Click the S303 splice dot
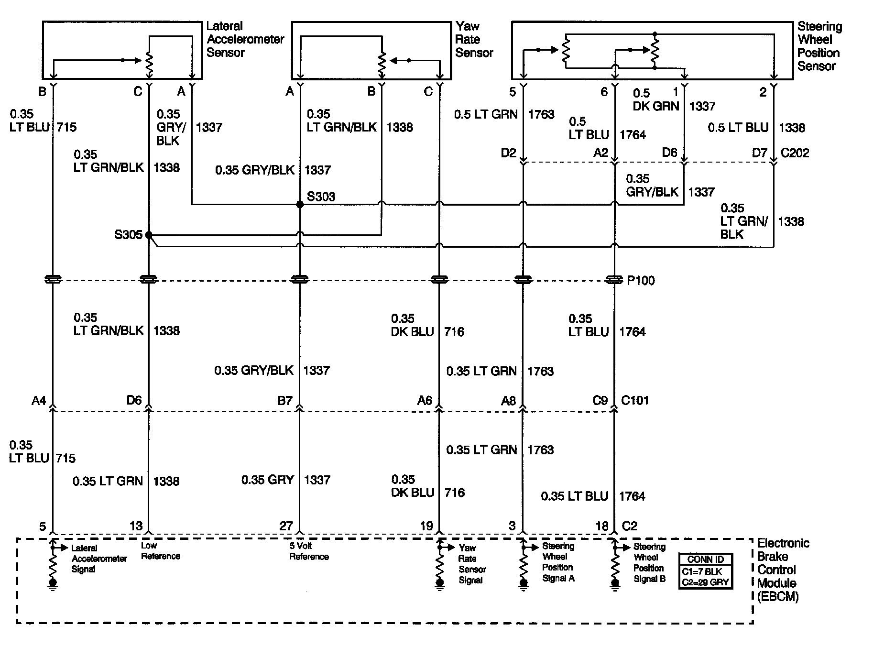click(x=300, y=204)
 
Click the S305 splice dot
click(x=149, y=235)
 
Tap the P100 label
click(x=641, y=281)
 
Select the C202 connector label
click(x=795, y=153)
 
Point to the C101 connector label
click(x=634, y=400)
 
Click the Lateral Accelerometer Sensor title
click(x=245, y=39)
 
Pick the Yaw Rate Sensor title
click(x=474, y=39)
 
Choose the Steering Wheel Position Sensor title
click(x=819, y=46)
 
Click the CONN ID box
click(x=705, y=570)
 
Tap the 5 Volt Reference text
click(x=309, y=551)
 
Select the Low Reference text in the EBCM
click(x=160, y=550)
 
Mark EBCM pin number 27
click(x=286, y=526)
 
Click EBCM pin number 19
click(x=426, y=526)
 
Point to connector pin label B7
click(x=285, y=400)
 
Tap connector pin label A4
click(x=39, y=400)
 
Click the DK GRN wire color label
click(x=655, y=106)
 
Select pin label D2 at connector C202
click(x=509, y=153)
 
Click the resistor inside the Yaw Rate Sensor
click(x=382, y=64)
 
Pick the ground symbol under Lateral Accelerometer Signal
click(x=53, y=584)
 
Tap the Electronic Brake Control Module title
click(x=783, y=570)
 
